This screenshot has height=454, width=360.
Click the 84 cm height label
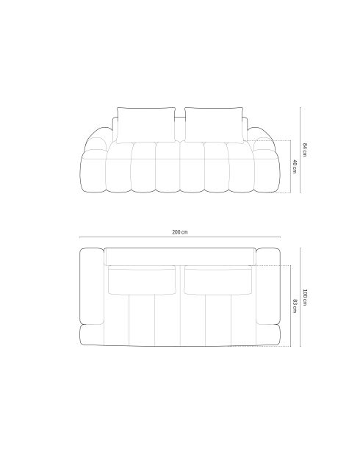pos(306,149)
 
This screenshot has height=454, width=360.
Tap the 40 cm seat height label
pos(294,167)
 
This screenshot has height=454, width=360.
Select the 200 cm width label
pos(179,231)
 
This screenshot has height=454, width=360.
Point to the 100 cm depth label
pos(306,298)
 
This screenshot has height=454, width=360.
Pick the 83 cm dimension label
pos(294,305)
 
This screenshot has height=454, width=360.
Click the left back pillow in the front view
pos(145,123)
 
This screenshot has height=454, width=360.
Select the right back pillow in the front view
pos(214,123)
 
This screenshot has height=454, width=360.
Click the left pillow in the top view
pos(142,280)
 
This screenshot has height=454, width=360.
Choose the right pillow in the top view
pos(217,280)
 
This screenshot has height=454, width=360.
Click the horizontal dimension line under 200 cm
pos(179,238)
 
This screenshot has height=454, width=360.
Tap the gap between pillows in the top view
pos(179,280)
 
